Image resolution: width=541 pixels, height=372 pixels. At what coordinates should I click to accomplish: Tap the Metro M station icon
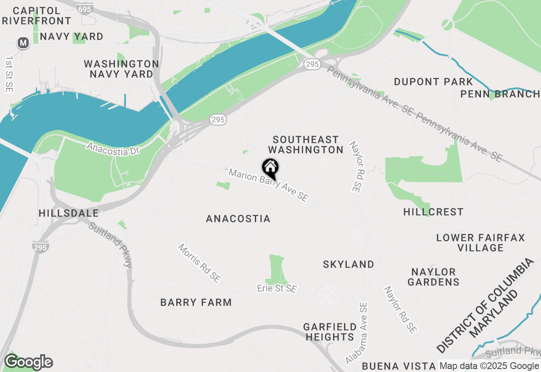(x=23, y=43)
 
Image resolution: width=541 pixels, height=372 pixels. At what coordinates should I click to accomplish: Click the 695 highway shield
(x=86, y=9)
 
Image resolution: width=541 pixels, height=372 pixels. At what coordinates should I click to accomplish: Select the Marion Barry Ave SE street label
(x=268, y=185)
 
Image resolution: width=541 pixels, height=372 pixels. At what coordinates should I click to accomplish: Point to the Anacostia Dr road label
(x=113, y=149)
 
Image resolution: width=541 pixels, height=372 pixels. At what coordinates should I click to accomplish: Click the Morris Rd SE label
(x=199, y=263)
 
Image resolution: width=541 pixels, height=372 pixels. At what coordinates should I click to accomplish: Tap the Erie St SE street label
(x=277, y=288)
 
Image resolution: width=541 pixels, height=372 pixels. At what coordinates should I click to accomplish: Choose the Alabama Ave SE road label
(x=357, y=333)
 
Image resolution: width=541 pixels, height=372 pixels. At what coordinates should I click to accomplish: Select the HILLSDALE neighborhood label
(x=68, y=213)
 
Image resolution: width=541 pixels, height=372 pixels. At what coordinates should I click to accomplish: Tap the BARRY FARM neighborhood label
(x=196, y=302)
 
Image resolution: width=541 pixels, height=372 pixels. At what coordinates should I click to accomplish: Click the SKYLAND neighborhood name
(x=349, y=264)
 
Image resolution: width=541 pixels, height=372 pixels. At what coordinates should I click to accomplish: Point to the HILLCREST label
(x=433, y=212)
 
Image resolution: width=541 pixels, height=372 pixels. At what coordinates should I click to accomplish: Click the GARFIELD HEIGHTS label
(x=330, y=332)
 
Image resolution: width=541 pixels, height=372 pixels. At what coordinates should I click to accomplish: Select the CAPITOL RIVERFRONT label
(x=37, y=15)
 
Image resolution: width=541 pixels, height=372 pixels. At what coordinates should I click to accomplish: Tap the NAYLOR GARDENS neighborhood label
(x=434, y=277)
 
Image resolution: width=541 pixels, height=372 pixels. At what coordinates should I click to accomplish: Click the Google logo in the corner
(x=28, y=362)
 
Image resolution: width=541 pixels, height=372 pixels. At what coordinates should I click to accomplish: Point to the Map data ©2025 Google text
(x=489, y=366)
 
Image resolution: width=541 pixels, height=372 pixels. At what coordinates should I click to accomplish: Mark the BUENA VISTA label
(x=399, y=366)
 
